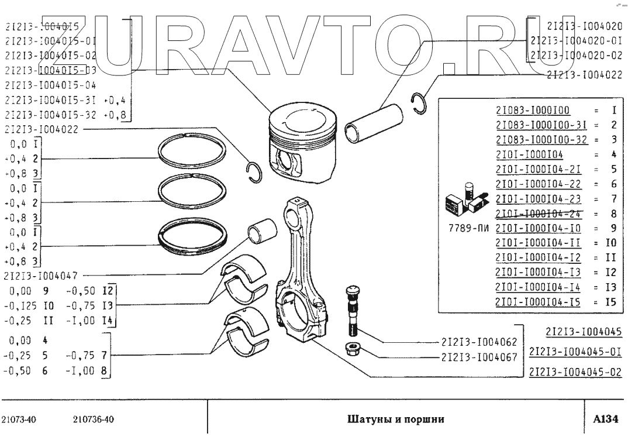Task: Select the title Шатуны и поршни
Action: (396, 419)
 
